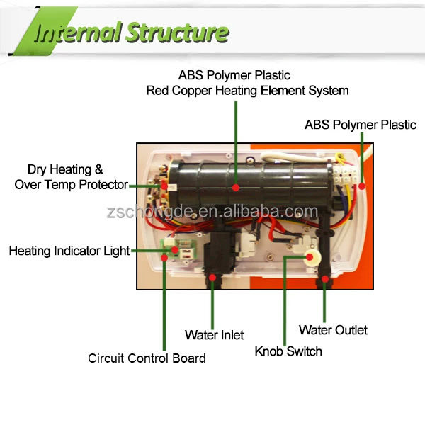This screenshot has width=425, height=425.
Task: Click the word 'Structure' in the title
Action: [x=178, y=33]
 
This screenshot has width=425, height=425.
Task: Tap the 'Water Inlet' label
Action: [x=215, y=334]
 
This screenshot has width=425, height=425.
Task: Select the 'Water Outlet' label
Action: [x=333, y=330]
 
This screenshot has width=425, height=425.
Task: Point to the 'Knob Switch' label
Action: [x=288, y=351]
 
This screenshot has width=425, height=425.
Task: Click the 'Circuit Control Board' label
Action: [x=147, y=358]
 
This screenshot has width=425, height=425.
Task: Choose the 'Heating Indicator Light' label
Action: [x=69, y=251]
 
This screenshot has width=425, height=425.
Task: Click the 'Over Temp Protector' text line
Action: [x=72, y=185]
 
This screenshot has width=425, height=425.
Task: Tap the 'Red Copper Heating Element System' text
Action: [x=247, y=91]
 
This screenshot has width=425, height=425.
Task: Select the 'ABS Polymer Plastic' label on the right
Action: [x=361, y=125]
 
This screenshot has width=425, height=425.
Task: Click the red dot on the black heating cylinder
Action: [x=237, y=188]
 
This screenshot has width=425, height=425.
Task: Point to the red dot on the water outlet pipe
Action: [x=325, y=280]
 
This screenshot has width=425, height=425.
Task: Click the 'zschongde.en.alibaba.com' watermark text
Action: [x=211, y=212]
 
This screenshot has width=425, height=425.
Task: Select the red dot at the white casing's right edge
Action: [x=361, y=187]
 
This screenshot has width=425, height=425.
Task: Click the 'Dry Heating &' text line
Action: [x=65, y=169]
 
